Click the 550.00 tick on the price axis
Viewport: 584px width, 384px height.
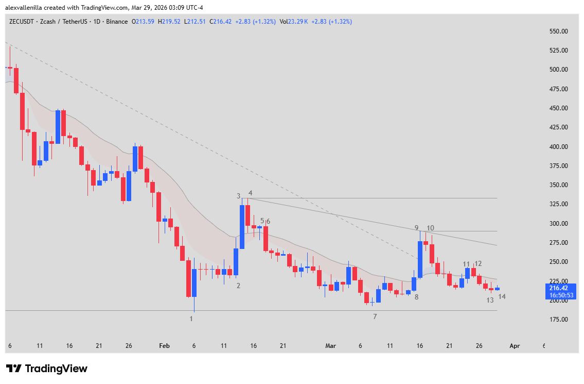[558, 31]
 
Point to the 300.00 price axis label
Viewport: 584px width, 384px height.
[558, 224]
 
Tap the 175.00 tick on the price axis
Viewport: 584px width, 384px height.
[558, 320]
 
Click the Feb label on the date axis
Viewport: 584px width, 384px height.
[164, 346]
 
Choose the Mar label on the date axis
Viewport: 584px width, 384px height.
[330, 346]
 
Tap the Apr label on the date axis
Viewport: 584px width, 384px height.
[515, 346]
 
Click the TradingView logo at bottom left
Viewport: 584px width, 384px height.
[47, 369]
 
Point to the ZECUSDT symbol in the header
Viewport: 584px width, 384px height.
[21, 22]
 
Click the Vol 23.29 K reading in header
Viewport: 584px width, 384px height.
[294, 22]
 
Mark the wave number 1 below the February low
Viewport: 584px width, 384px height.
[191, 319]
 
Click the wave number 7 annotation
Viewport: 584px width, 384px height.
[375, 316]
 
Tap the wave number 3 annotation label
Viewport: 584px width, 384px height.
[238, 196]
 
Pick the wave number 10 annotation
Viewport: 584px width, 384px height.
[430, 228]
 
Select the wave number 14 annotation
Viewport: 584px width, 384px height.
[502, 296]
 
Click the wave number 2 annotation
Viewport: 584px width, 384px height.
[238, 285]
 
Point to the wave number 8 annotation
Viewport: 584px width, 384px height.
[416, 297]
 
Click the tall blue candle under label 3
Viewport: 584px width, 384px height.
[242, 227]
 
